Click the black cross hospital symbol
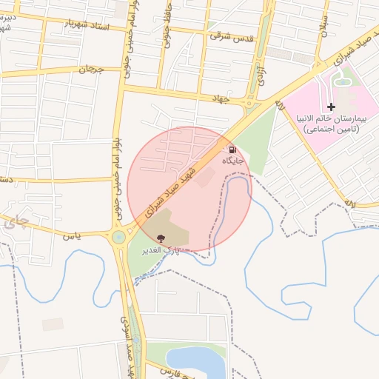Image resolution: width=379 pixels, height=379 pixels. (x=331, y=107)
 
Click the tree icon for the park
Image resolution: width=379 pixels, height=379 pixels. (x=161, y=238)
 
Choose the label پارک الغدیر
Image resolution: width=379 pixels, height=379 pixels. (x=162, y=249)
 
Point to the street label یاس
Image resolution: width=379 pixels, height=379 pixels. (x=72, y=235)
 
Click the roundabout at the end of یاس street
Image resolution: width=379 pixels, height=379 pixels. (x=118, y=238)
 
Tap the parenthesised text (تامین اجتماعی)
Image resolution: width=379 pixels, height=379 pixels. (x=332, y=129)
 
